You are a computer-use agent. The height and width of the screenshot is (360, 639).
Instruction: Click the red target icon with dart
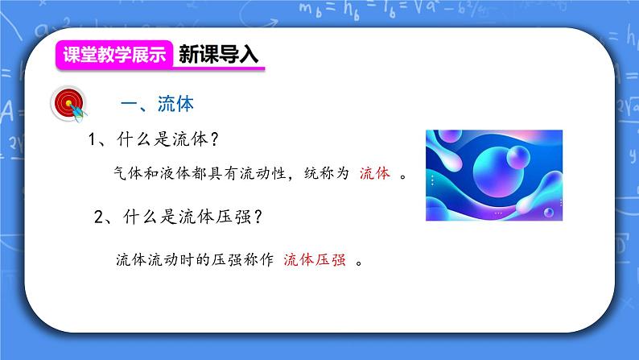pyautogui.click(x=67, y=104)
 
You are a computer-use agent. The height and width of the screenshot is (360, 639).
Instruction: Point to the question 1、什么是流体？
pyautogui.click(x=155, y=139)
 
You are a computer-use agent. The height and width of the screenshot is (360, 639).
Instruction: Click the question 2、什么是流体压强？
pyautogui.click(x=182, y=217)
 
